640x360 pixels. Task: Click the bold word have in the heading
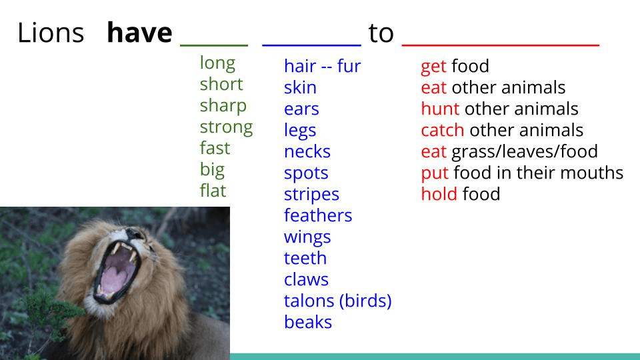139,33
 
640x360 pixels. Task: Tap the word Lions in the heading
51,33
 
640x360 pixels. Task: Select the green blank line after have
214,45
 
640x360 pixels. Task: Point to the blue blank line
311,45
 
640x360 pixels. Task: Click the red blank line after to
501,45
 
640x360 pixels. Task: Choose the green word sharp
223,106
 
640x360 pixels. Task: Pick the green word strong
226,127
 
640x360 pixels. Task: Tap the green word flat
213,190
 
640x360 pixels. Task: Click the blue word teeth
305,258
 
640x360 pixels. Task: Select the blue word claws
306,279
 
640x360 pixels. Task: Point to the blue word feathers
318,215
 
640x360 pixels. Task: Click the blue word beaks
308,321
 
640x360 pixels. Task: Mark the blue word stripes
311,195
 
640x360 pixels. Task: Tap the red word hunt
440,109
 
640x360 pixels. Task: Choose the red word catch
443,130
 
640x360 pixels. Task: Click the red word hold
439,194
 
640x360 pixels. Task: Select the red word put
435,173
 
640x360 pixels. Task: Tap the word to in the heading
381,33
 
